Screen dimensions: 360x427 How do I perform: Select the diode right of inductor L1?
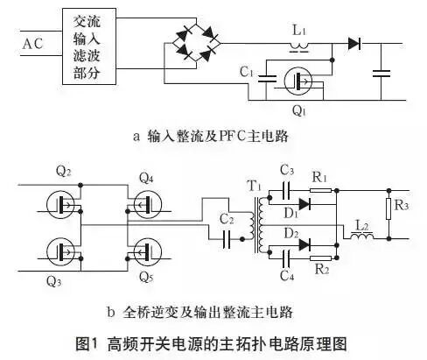pos(354,43)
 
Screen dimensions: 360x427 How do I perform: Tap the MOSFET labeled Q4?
pos(147,205)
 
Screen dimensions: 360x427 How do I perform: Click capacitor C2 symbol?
pos(227,235)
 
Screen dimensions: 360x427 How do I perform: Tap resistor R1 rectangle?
pos(321,187)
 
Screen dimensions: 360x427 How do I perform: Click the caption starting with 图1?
pos(214,341)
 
